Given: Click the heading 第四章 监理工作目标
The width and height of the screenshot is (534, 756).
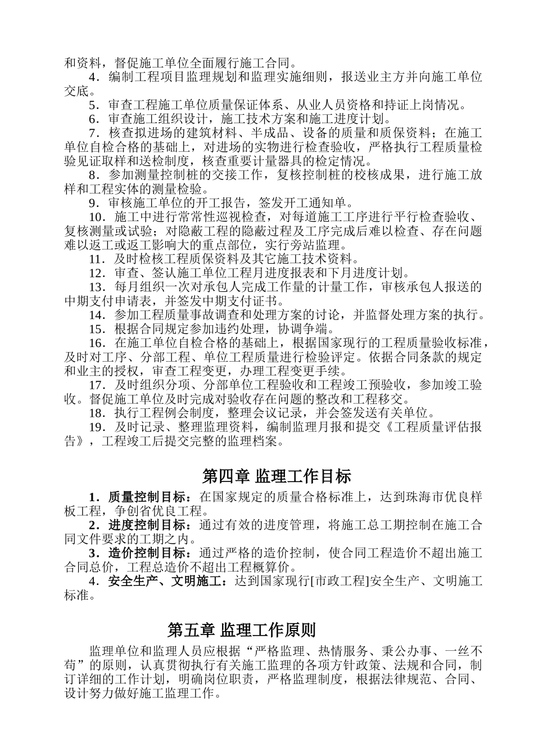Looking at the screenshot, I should click(276, 476).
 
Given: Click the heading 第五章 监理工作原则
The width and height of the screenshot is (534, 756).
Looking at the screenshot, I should click(242, 629).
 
